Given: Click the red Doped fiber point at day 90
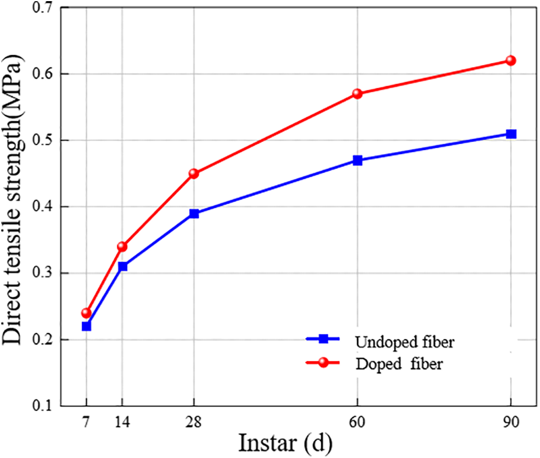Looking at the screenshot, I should (x=510, y=60).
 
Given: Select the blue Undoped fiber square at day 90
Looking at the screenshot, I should (x=510, y=134).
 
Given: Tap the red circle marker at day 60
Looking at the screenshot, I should (x=358, y=93).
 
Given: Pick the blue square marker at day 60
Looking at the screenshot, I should (x=358, y=160).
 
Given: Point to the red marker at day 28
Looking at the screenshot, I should (x=194, y=173).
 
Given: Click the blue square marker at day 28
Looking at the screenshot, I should (x=194, y=214).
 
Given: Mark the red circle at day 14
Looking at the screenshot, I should (x=123, y=246).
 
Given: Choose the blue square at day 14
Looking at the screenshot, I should (x=123, y=266).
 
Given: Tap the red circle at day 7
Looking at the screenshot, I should (x=86, y=313).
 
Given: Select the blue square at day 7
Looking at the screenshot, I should (x=86, y=326).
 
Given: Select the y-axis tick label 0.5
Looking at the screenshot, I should (x=43, y=140).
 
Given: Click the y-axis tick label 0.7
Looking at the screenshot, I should (x=43, y=8).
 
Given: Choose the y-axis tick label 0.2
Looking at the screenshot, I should (x=43, y=340).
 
